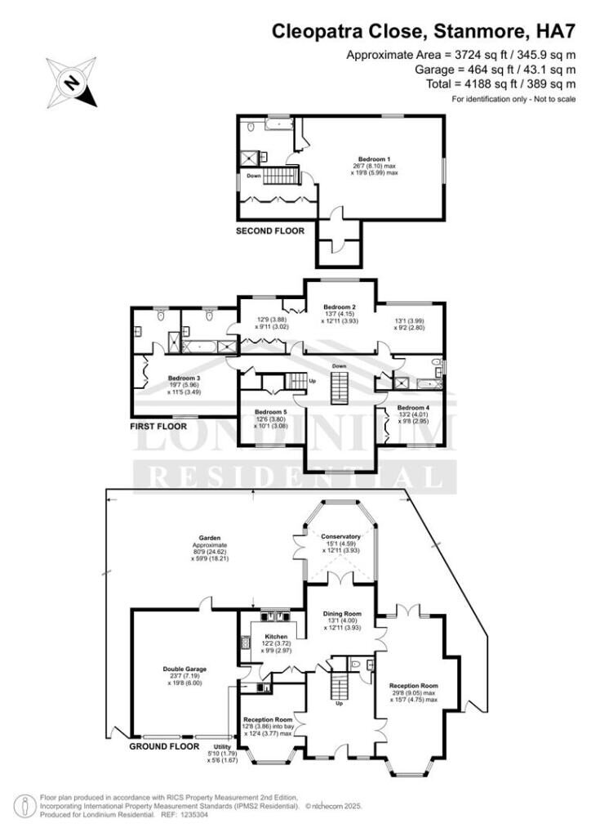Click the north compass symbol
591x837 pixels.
72,82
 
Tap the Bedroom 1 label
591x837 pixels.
375,159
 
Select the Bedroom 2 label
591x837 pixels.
340,307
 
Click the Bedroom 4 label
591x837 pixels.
413,407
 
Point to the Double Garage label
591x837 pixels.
184,669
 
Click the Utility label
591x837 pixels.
222,747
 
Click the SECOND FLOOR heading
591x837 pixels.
269,231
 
